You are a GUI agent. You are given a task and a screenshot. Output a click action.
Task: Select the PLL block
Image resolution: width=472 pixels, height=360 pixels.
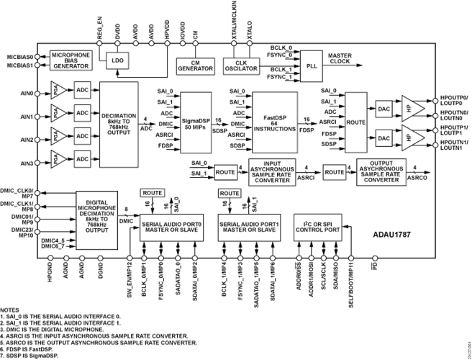(x=311, y=63)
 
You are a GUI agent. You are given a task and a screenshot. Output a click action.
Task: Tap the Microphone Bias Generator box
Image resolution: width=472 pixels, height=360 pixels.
(x=71, y=60)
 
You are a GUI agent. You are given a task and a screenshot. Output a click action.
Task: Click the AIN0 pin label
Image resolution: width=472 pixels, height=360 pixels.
(x=27, y=92)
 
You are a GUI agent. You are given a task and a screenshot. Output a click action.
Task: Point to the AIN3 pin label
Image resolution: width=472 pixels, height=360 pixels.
(x=27, y=162)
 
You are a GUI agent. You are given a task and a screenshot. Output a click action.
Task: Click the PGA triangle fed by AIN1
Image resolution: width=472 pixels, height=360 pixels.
(x=60, y=114)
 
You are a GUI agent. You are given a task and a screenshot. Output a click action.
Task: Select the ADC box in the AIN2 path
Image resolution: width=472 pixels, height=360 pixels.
(x=82, y=137)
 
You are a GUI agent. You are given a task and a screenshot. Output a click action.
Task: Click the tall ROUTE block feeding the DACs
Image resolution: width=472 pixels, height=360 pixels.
(x=355, y=122)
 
